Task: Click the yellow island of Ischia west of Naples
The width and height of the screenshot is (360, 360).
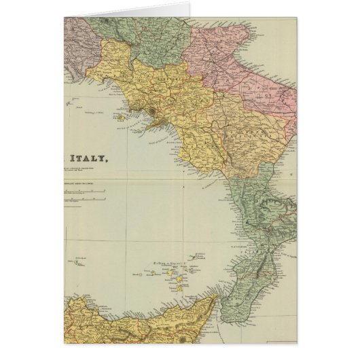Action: [x=122, y=117]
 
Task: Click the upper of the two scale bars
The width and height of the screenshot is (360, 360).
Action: [x=85, y=191]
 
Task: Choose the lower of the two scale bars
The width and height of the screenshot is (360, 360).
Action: [x=85, y=201]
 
